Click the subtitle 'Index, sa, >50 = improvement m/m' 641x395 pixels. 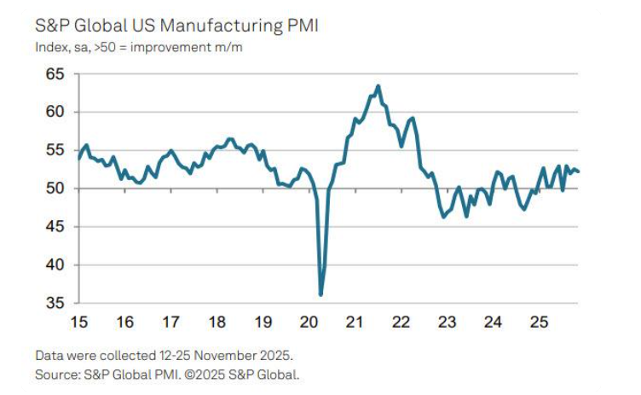[139, 47]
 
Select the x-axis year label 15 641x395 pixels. [78, 322]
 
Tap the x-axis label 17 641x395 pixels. [170, 322]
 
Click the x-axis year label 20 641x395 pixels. [309, 322]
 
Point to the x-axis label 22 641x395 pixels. [401, 322]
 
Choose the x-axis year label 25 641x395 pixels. [539, 322]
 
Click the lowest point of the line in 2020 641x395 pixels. [321, 294]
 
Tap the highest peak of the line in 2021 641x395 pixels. [378, 86]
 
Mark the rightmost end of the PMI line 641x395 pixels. [579, 171]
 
